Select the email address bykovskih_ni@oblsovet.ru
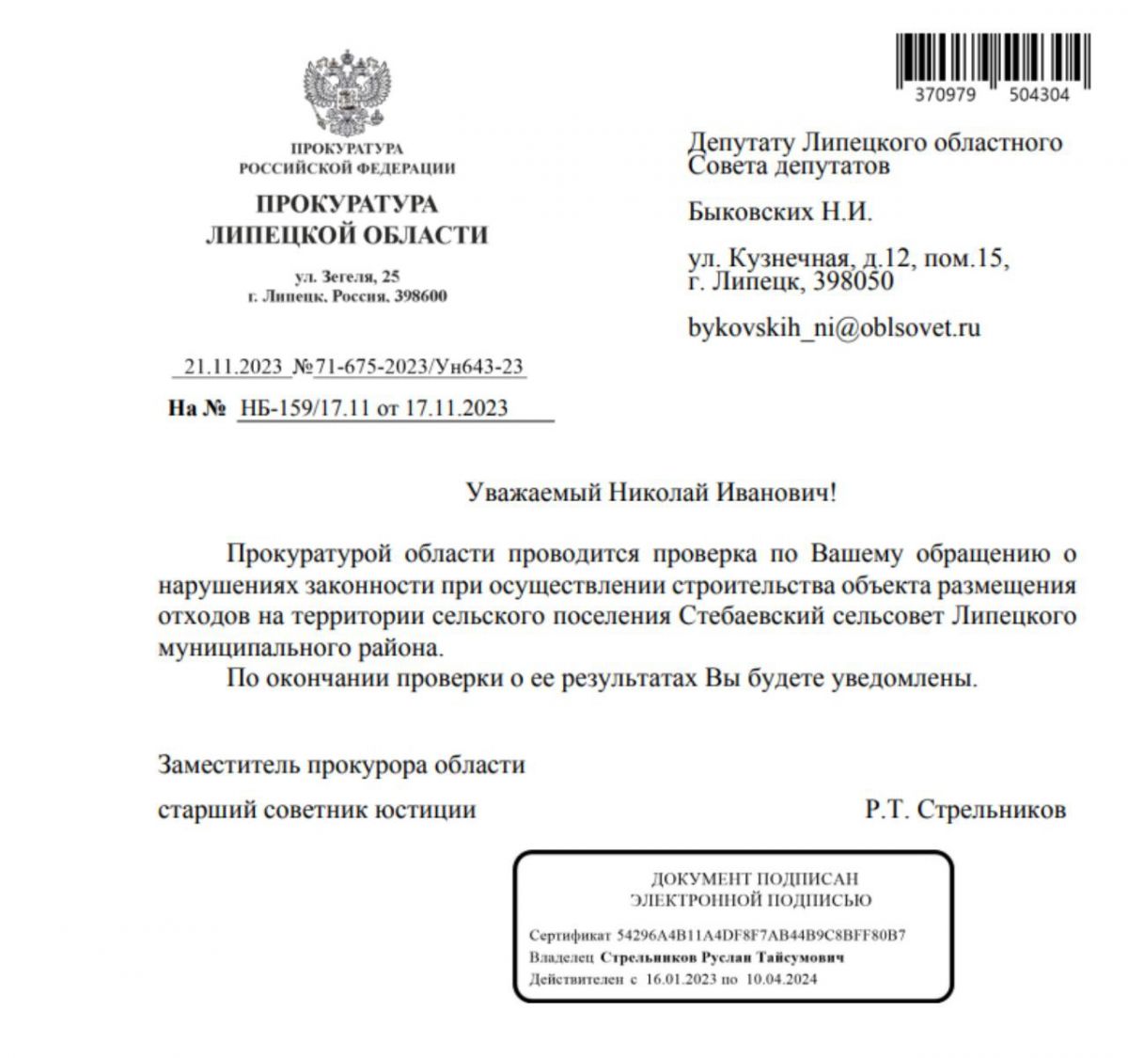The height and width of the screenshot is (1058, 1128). click(835, 327)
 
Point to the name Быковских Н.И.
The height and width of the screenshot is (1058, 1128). click(780, 212)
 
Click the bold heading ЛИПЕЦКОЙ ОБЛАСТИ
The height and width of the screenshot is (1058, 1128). click(347, 235)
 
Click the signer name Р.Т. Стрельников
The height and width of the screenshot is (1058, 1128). click(965, 810)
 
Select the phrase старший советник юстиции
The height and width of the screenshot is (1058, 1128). click(317, 810)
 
